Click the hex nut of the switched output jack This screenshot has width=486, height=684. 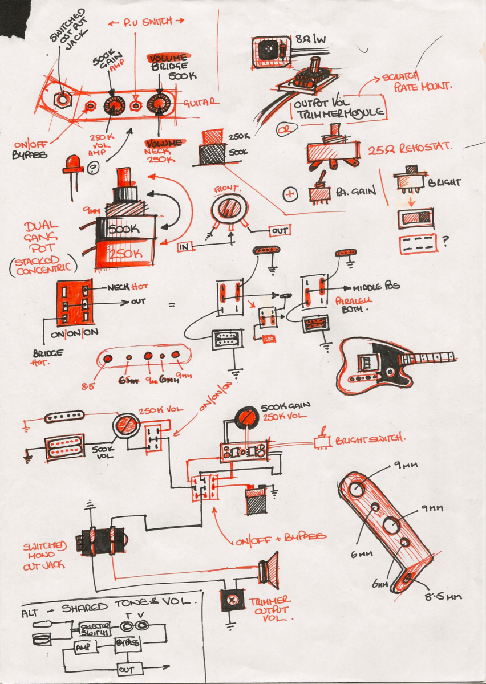(x=60, y=99)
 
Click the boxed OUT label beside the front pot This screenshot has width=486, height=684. (x=280, y=230)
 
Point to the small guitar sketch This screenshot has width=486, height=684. (x=394, y=365)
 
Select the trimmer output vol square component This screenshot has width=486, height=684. (x=232, y=600)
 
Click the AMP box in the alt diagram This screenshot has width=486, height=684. (x=84, y=647)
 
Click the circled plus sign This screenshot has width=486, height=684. (x=290, y=194)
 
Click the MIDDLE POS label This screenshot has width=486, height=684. (x=376, y=289)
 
